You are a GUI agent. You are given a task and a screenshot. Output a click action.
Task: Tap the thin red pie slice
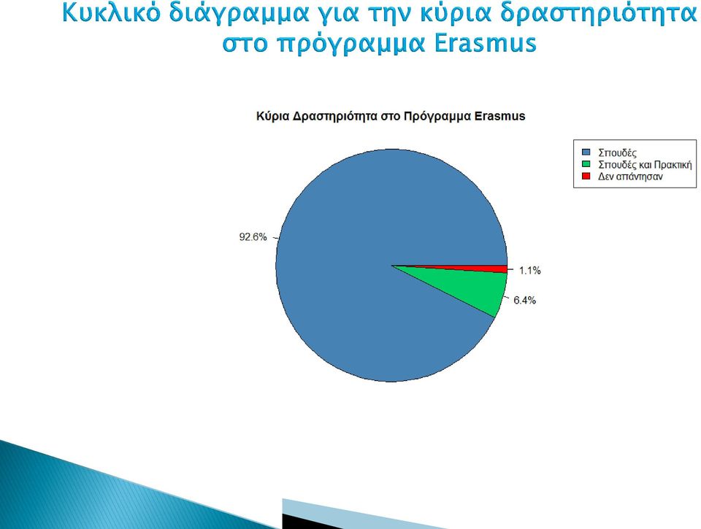coord(491,269)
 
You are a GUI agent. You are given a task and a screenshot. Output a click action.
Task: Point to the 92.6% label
coord(253,237)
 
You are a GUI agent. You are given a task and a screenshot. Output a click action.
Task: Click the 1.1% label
coord(530,270)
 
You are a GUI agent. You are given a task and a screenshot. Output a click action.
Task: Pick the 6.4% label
coord(525,300)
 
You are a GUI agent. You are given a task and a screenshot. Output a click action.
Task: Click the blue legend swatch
coord(586,152)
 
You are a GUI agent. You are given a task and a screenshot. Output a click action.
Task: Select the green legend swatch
coord(586,164)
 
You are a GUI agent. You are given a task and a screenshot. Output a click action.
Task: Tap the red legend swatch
coord(586,176)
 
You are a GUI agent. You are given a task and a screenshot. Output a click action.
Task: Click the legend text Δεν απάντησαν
coord(630,177)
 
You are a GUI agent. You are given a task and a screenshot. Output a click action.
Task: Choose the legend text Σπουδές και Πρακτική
coord(645,164)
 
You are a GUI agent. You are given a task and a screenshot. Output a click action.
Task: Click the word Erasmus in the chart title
coord(499,116)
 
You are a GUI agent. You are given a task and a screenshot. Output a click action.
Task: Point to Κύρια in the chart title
coord(272,117)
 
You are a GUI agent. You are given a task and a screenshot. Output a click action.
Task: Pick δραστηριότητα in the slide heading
coord(599,14)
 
